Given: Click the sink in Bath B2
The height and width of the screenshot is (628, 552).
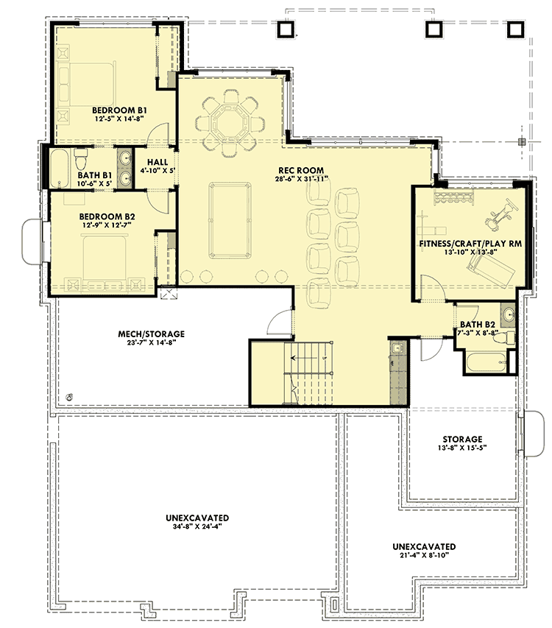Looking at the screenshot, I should (x=509, y=315).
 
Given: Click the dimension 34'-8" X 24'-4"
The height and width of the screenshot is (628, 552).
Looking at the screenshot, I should (x=197, y=527).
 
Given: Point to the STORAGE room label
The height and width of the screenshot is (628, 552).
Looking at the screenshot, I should (x=462, y=439).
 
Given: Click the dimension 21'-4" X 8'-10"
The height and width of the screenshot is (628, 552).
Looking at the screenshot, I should (x=423, y=557).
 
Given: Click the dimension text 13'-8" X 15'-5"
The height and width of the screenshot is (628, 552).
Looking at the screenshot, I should (x=462, y=448).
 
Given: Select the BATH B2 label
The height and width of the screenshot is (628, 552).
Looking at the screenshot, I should (x=478, y=324).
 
